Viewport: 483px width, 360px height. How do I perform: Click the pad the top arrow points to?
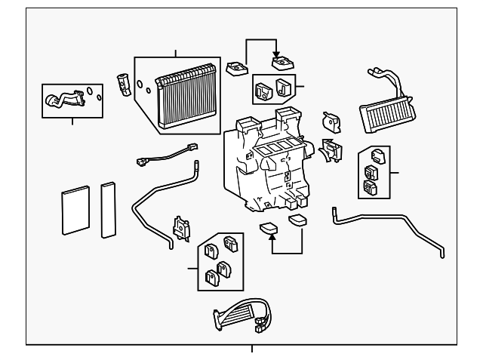click(x=285, y=63)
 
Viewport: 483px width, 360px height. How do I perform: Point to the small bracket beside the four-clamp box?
click(x=181, y=228)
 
